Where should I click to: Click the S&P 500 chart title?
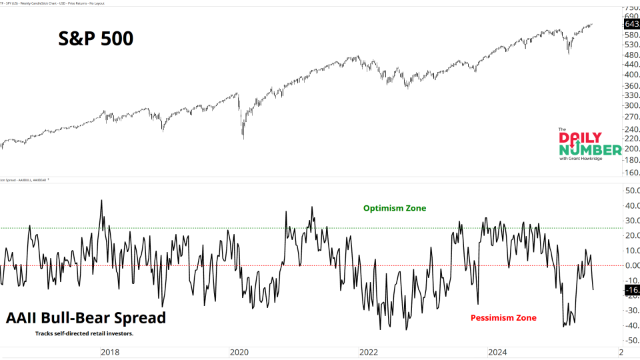(94, 39)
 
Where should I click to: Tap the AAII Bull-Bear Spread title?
(85, 318)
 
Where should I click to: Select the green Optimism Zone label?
(394, 209)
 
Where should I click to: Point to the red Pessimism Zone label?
(503, 318)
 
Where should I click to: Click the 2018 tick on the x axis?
(111, 351)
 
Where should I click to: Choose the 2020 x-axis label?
(239, 351)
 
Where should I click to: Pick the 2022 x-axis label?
(368, 351)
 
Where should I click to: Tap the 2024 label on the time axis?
(497, 351)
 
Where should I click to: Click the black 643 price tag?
(631, 24)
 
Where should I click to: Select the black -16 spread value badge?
(631, 290)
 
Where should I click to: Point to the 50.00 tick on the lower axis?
(631, 191)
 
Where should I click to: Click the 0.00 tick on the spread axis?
(631, 265)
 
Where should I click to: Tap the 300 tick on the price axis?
(630, 105)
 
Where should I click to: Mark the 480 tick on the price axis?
(630, 55)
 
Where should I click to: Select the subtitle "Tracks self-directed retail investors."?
(84, 333)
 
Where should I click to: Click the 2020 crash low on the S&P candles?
(243, 138)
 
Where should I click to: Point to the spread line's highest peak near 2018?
(101, 200)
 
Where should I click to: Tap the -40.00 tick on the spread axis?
(631, 325)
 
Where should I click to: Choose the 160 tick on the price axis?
(630, 173)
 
